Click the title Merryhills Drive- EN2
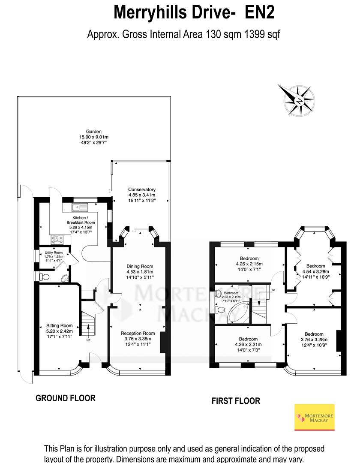[194, 13]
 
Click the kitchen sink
[80, 208]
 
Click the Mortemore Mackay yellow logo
[315, 417]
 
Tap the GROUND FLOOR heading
[65, 398]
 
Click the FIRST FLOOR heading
[236, 401]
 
